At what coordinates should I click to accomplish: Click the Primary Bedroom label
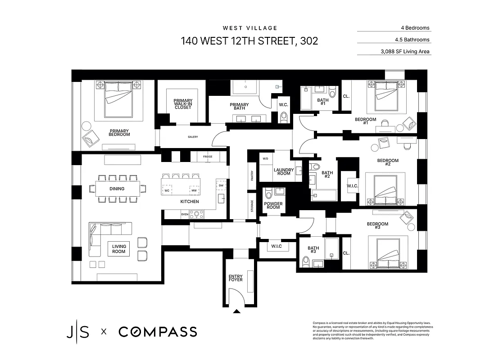coord(119,132)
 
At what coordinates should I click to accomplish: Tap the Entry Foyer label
coord(236,278)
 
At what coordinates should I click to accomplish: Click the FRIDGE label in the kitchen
coord(208,157)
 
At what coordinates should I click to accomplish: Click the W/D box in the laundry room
coord(265,158)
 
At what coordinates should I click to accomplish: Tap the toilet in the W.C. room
coord(283,117)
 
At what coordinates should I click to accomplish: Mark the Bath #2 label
coord(327,175)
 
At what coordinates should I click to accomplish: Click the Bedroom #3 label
coord(377,225)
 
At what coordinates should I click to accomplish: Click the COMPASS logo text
coord(158,332)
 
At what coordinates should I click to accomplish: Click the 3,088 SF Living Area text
coord(405,52)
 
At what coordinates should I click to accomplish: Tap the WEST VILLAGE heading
coord(249,28)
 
